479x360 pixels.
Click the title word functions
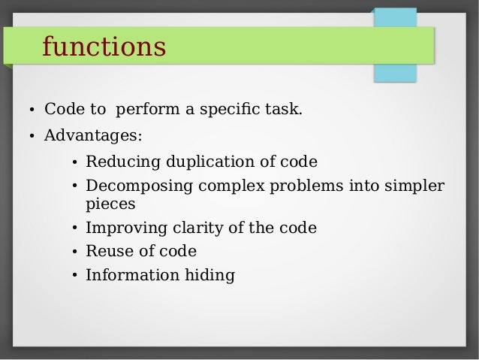coord(104,47)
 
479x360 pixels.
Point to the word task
coord(285,110)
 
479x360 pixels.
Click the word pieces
coord(110,204)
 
